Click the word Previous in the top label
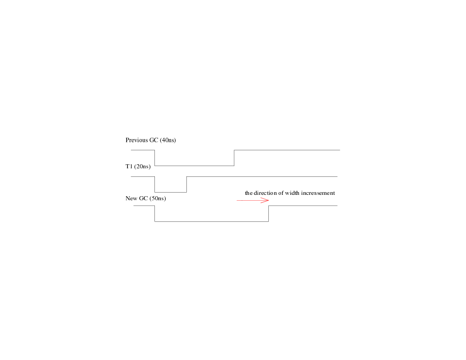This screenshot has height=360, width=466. (137, 140)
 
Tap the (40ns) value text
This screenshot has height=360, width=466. (168, 140)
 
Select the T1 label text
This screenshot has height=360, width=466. (129, 166)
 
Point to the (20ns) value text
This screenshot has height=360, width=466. (142, 166)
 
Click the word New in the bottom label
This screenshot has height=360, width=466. (131, 198)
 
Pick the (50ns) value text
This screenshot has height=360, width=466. (158, 198)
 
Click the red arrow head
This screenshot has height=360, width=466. (265, 201)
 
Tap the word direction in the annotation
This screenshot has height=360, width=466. (265, 193)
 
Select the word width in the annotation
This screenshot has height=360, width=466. (293, 193)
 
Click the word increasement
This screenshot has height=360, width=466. (318, 193)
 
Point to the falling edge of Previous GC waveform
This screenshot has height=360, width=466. (155, 158)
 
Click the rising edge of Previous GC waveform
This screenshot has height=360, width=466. (234, 158)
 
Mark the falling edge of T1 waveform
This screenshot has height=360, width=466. (155, 184)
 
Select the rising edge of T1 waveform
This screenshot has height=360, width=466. (187, 184)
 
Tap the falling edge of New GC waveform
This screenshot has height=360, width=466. (155, 214)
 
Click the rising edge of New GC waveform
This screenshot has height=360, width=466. (269, 214)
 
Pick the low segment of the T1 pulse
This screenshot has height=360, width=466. (171, 192)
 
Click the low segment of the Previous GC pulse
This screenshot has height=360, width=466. (195, 166)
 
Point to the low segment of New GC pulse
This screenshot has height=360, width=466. (212, 221)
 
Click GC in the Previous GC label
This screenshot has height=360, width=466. (154, 140)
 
